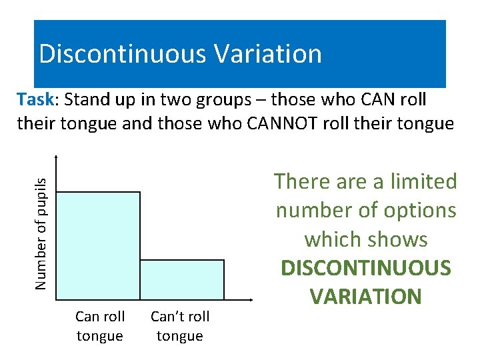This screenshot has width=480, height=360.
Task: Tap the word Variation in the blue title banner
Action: tap(269, 53)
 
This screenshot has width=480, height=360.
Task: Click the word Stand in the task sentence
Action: tap(89, 99)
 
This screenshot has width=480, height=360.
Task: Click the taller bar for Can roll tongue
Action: tap(99, 245)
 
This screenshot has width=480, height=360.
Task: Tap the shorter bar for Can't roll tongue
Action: tap(182, 279)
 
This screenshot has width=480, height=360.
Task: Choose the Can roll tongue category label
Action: tap(99, 326)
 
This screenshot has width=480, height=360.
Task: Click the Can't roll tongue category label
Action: tap(180, 326)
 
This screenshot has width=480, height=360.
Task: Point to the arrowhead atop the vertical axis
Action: tap(57, 157)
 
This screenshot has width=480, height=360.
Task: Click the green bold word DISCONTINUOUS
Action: tap(366, 268)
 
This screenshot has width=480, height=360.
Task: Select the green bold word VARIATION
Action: tap(366, 297)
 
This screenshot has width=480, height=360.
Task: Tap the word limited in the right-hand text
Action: tap(421, 181)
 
